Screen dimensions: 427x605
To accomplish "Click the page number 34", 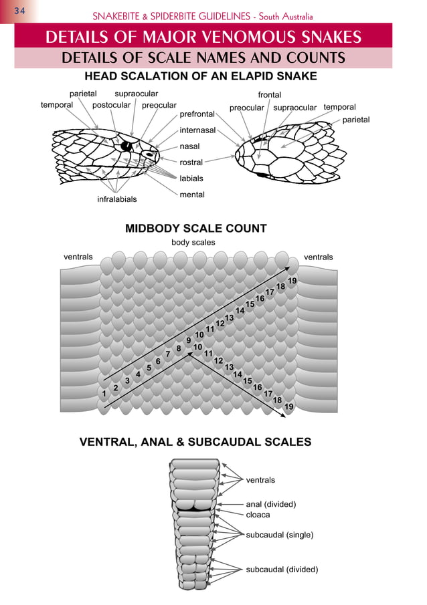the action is pyautogui.click(x=19, y=11).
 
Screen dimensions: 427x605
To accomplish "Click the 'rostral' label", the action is pyautogui.click(x=191, y=162).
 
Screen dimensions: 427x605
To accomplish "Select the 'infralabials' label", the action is pyautogui.click(x=116, y=199).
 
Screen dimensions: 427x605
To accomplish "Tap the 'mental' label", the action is pyautogui.click(x=192, y=195).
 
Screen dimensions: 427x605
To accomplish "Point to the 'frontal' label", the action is pyautogui.click(x=269, y=94).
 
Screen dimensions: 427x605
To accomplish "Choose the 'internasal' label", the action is pyautogui.click(x=197, y=130).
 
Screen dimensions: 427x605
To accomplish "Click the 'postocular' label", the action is pyautogui.click(x=111, y=105).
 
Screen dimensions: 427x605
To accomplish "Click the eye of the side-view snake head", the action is pyautogui.click(x=126, y=146).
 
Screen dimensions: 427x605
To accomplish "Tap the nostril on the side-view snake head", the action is pyautogui.click(x=149, y=154).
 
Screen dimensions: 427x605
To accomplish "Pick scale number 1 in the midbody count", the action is pyautogui.click(x=104, y=394).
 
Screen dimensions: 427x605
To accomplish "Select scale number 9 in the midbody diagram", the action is pyautogui.click(x=189, y=340).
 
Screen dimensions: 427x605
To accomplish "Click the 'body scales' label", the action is pyautogui.click(x=193, y=242).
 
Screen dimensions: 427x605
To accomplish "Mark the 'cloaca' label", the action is pyautogui.click(x=258, y=515).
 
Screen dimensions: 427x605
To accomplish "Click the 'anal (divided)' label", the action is pyautogui.click(x=271, y=504).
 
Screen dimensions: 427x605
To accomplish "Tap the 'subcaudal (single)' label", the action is pyautogui.click(x=280, y=535).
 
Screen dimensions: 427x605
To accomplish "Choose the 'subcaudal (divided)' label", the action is pyautogui.click(x=282, y=569).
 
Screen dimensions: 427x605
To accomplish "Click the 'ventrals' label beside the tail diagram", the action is pyautogui.click(x=260, y=480).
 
